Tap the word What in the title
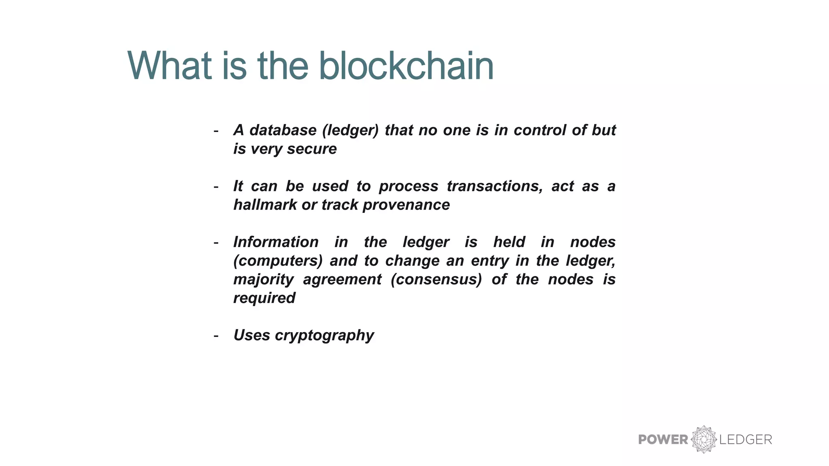(x=170, y=66)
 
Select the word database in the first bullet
(x=283, y=130)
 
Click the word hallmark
(x=265, y=205)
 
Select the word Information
(x=276, y=242)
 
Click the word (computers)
(x=278, y=261)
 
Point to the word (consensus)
(x=436, y=279)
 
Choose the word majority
(x=264, y=279)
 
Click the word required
(x=264, y=298)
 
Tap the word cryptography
(x=324, y=335)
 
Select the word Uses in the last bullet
(x=251, y=335)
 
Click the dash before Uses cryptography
(x=216, y=336)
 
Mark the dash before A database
(x=216, y=131)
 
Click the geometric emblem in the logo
(x=704, y=439)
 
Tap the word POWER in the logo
(x=663, y=440)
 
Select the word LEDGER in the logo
(x=746, y=440)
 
